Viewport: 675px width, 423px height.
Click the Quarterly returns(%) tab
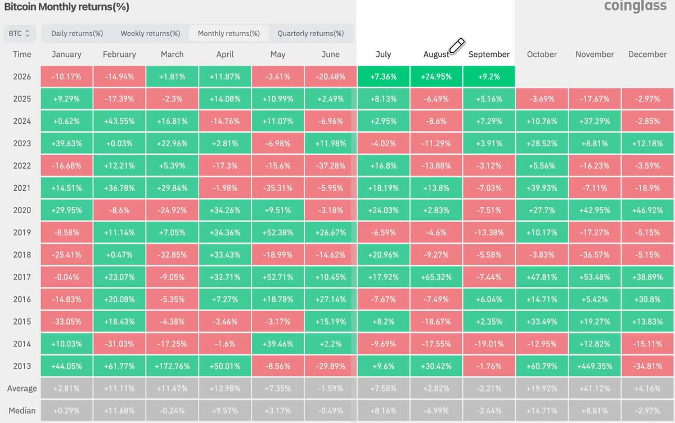pyautogui.click(x=310, y=33)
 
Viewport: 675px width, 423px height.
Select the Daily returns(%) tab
pyautogui.click(x=77, y=33)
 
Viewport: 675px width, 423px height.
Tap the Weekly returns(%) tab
pyautogui.click(x=150, y=33)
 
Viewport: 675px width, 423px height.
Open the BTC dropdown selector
pyautogui.click(x=20, y=33)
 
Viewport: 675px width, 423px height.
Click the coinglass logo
pyautogui.click(x=635, y=6)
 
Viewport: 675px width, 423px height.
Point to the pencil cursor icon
pyautogui.click(x=457, y=46)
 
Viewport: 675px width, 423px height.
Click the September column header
pyautogui.click(x=489, y=55)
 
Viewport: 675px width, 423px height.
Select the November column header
pyautogui.click(x=595, y=55)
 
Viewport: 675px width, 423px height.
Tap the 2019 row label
pyautogui.click(x=22, y=232)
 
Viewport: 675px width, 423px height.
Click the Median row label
pyautogui.click(x=22, y=411)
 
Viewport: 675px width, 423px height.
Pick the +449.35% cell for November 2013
pyautogui.click(x=595, y=366)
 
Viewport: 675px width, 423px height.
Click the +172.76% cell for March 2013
pyautogui.click(x=172, y=366)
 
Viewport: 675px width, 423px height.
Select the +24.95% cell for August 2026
pyautogui.click(x=436, y=76)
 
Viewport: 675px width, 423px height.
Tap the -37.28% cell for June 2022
pyautogui.click(x=331, y=166)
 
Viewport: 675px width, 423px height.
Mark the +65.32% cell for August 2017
pyautogui.click(x=436, y=277)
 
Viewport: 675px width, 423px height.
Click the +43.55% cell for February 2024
pyautogui.click(x=119, y=121)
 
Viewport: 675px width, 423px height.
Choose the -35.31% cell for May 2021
pyautogui.click(x=277, y=188)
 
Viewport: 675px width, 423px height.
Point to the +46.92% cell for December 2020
pyautogui.click(x=647, y=210)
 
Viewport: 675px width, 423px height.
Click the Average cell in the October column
pyautogui.click(x=542, y=388)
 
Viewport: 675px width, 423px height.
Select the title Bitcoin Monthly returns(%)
pyautogui.click(x=66, y=7)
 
